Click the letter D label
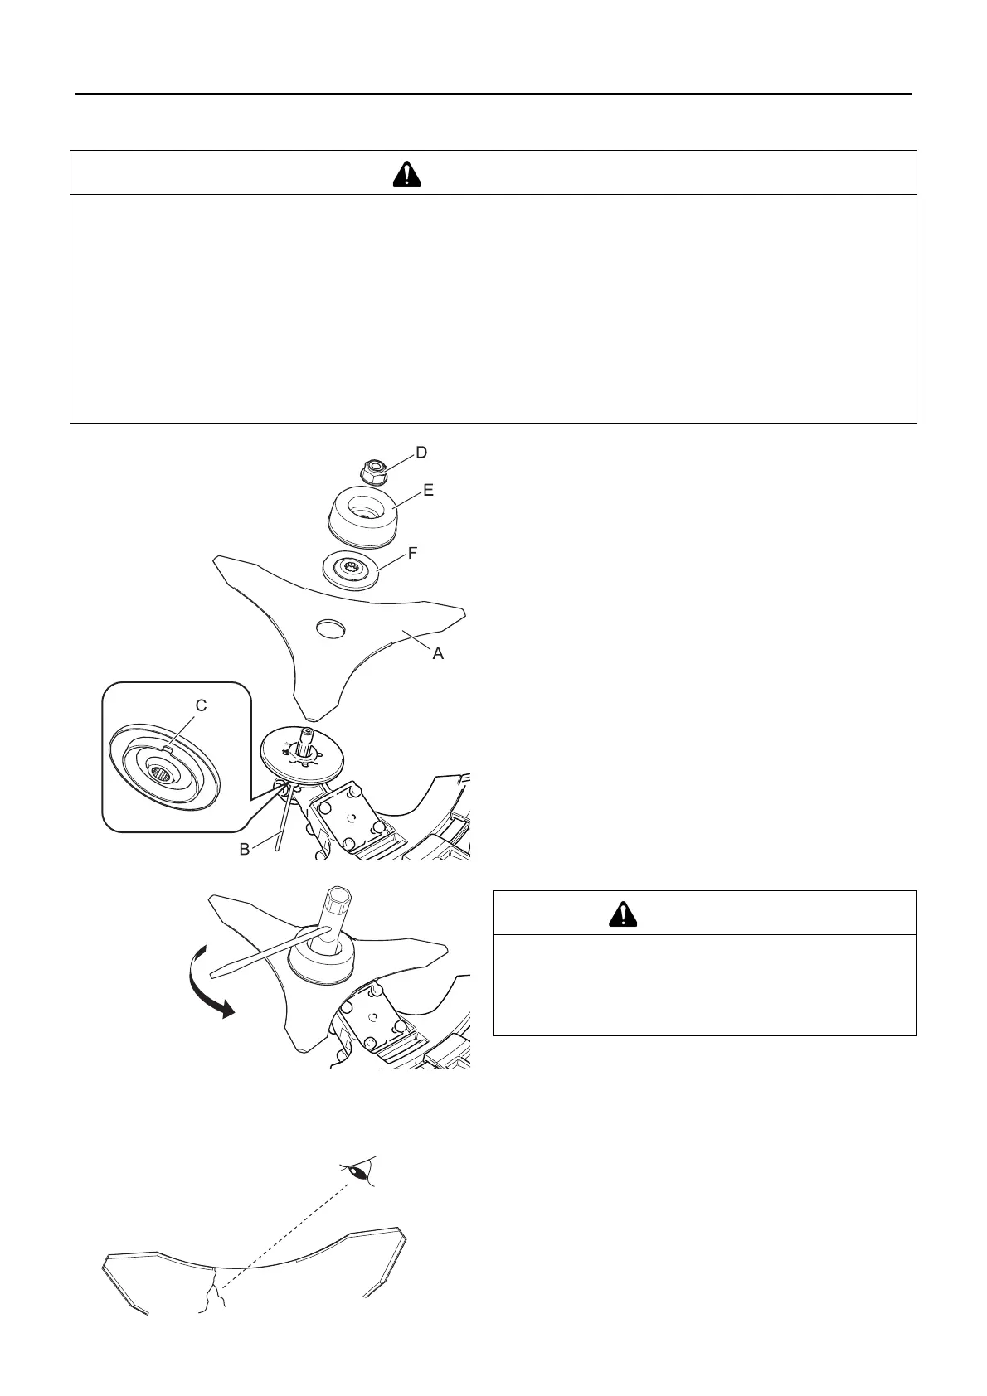pos(421,453)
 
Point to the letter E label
pos(428,490)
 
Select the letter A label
pos(438,653)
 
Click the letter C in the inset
pos(201,705)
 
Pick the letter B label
pos(245,849)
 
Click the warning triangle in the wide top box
pos(406,173)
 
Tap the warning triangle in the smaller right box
pos(622,914)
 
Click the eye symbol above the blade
pos(357,1172)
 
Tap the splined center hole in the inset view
pos(163,774)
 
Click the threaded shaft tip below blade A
pos(305,733)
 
